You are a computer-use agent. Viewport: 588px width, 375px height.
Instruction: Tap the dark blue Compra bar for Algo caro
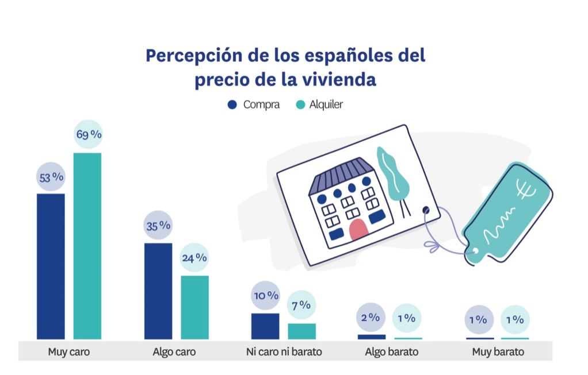coord(158,291)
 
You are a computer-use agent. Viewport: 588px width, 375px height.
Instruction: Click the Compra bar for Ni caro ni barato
coord(265,326)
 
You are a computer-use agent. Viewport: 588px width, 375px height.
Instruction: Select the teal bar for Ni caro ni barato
coord(301,331)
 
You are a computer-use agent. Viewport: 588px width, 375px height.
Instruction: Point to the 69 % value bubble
coord(88,134)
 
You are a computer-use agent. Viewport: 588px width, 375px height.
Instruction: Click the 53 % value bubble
coord(51,177)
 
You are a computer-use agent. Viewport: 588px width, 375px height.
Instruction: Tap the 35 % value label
coord(158,226)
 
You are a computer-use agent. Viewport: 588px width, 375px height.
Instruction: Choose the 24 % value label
coord(194,258)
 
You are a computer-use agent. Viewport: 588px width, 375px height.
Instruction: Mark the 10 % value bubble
coord(265,296)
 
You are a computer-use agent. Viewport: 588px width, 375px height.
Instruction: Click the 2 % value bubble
coord(371,317)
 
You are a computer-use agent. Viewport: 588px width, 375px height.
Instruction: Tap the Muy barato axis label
coord(498,351)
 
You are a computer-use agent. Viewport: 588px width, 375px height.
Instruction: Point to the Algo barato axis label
coord(391,351)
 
